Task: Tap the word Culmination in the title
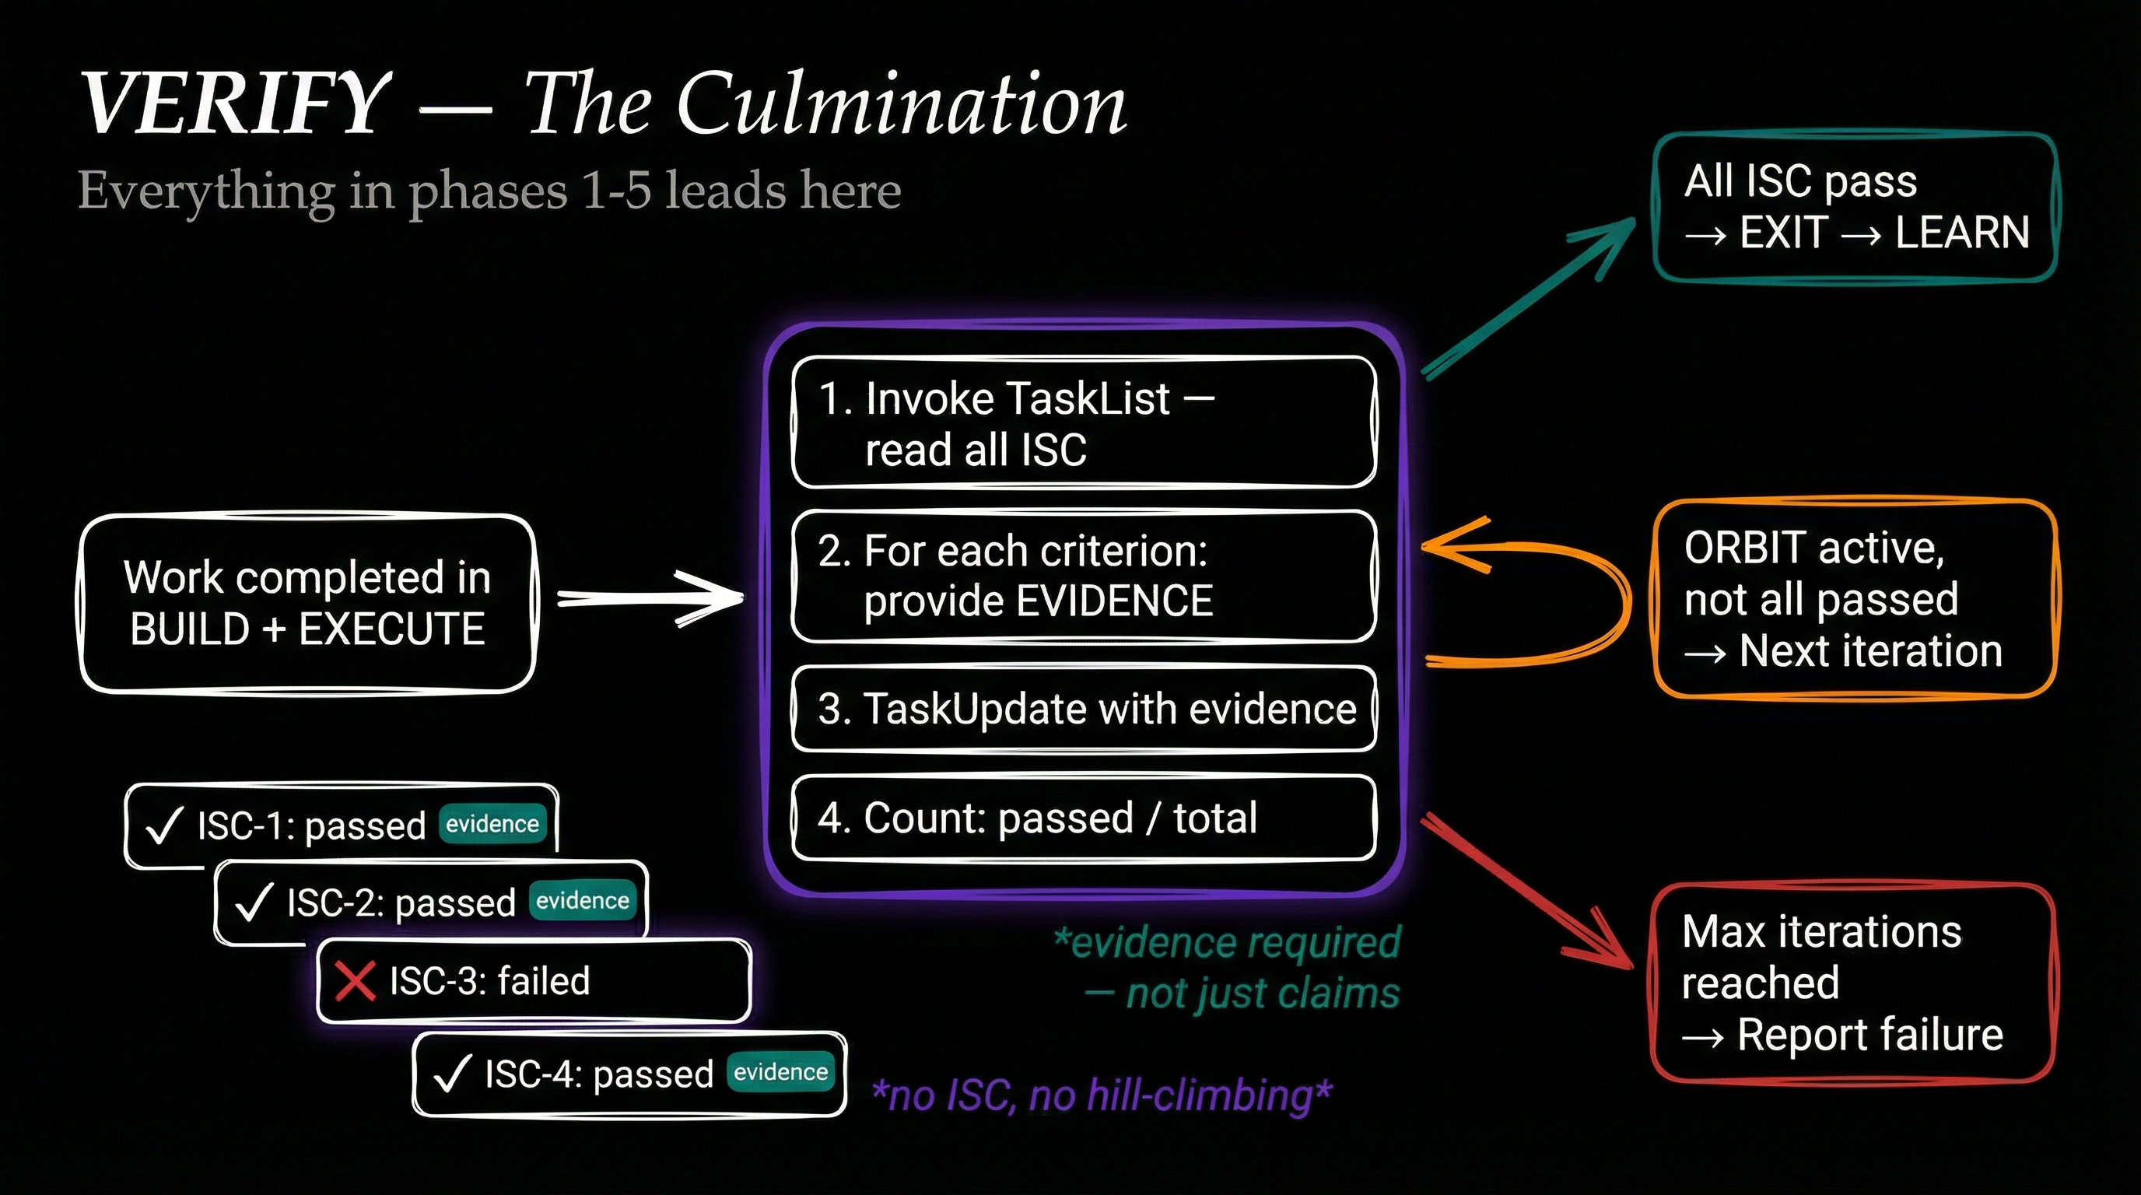(902, 104)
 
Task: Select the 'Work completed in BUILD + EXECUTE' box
(307, 603)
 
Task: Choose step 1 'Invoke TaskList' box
(1084, 422)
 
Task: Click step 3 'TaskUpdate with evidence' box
(1084, 709)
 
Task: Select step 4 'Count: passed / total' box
(1084, 818)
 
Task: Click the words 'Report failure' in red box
(1870, 1036)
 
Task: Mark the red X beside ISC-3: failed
(355, 980)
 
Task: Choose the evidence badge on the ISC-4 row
(780, 1072)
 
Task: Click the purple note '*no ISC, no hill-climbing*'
(1102, 1095)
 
